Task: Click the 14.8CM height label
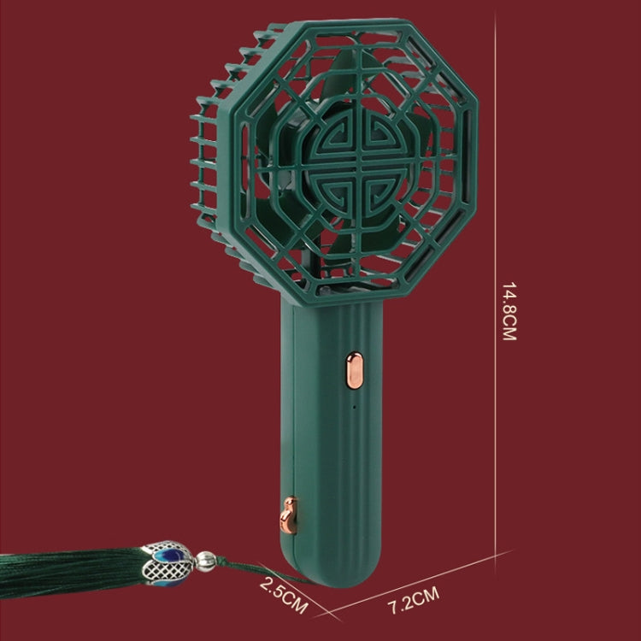[509, 311]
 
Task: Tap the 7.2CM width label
[414, 600]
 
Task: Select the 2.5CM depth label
[283, 595]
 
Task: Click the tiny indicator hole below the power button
[354, 407]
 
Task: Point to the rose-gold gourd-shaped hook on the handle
[288, 515]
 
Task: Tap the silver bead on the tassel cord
[205, 561]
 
